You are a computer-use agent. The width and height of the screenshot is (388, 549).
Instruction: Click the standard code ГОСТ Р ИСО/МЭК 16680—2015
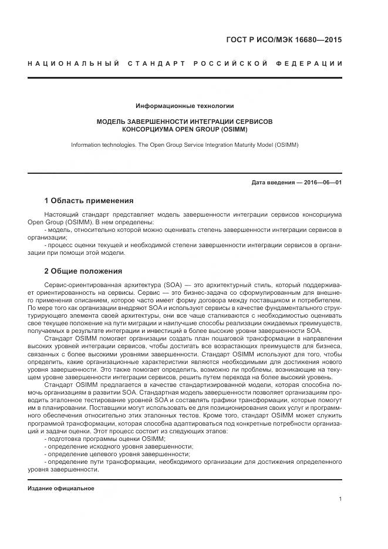(x=284, y=41)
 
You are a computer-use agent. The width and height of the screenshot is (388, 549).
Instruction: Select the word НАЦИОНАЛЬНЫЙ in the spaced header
(x=73, y=63)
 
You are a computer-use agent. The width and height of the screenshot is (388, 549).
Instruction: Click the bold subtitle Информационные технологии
(x=184, y=106)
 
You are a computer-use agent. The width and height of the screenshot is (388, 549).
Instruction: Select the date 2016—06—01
(x=321, y=182)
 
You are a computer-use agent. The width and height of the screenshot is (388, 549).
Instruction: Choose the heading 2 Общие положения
(x=83, y=271)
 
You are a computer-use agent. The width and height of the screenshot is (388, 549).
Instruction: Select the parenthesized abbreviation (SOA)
(x=170, y=285)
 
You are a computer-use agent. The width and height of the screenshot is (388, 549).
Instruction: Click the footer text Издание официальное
(x=60, y=488)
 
